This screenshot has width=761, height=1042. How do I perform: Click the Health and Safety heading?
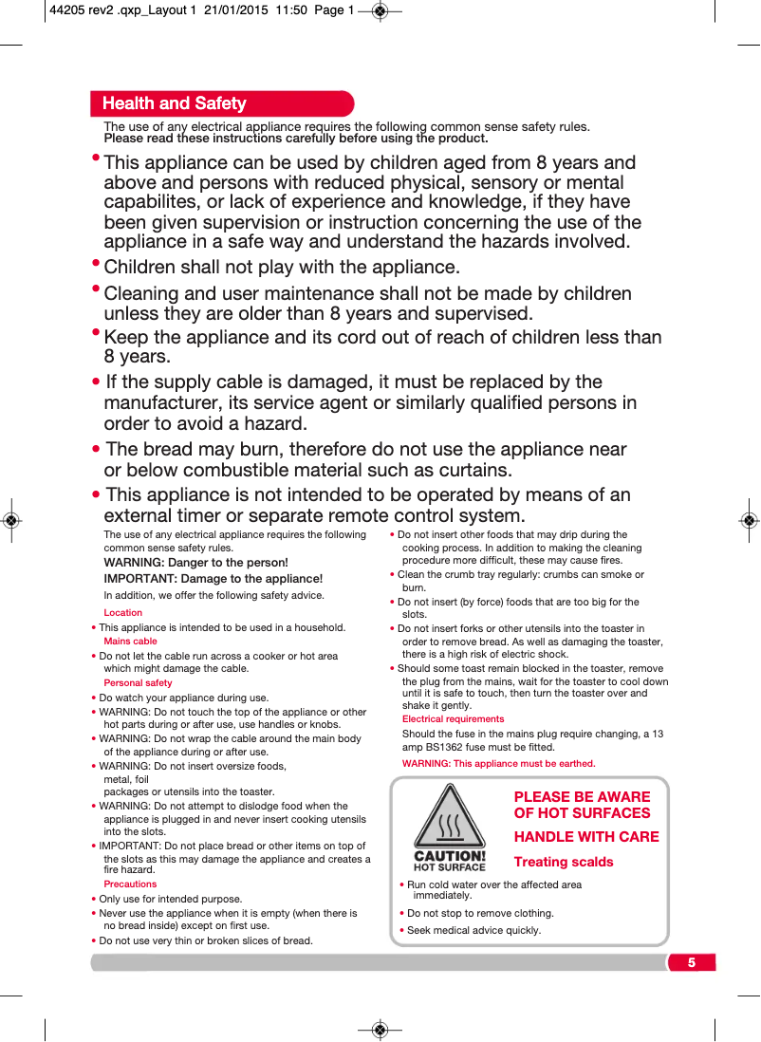(175, 103)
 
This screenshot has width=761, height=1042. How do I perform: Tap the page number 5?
(692, 963)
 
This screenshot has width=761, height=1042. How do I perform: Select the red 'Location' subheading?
(123, 613)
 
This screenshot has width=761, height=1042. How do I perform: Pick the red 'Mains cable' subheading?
(130, 642)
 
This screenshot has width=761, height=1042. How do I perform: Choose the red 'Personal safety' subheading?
(138, 683)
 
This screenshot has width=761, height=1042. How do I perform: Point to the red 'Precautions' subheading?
(130, 884)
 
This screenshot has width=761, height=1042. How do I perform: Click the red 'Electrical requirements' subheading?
(454, 719)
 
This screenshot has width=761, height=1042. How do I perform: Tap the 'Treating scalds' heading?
(564, 862)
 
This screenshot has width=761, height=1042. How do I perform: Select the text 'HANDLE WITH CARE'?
(586, 837)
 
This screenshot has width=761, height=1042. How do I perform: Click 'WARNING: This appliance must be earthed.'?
(499, 764)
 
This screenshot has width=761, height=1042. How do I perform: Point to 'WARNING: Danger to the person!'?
(195, 563)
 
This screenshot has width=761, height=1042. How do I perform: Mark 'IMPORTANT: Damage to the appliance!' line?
(213, 579)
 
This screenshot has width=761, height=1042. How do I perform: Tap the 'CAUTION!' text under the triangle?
(450, 856)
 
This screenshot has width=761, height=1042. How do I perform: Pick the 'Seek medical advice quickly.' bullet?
(473, 930)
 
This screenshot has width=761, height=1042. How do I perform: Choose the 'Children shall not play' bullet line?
(281, 267)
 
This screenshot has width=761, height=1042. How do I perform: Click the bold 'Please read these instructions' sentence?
(296, 139)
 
